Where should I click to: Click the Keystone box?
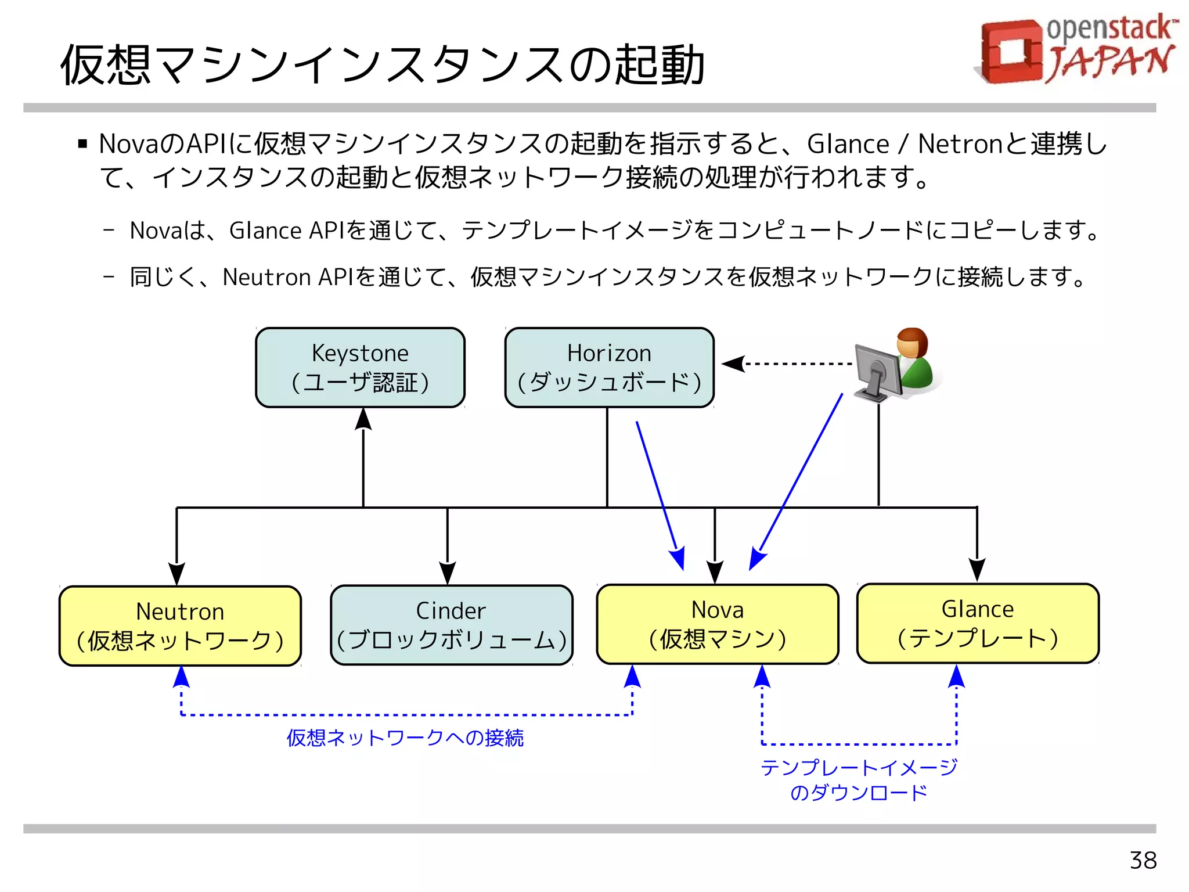[360, 368]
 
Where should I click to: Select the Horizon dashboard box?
[609, 368]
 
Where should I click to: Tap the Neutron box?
[180, 626]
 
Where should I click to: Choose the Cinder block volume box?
[451, 625]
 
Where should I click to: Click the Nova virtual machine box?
[718, 624]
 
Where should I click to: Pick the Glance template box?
[978, 623]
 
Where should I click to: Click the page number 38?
[1143, 860]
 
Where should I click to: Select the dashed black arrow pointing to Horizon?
[790, 364]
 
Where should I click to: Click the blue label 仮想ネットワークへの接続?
[405, 738]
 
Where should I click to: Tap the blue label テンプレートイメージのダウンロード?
[859, 780]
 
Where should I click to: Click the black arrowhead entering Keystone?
[363, 419]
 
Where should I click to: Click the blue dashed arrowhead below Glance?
[956, 677]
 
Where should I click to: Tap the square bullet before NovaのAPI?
[82, 143]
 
